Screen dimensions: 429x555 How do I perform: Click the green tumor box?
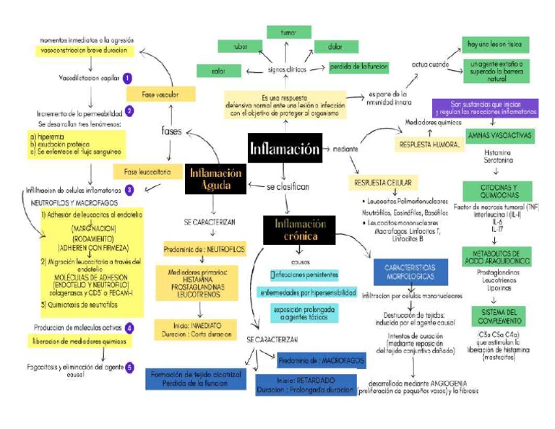288,32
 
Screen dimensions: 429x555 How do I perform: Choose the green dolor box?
336,47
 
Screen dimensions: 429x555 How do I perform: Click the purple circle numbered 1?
127,78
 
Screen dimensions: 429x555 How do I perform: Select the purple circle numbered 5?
129,367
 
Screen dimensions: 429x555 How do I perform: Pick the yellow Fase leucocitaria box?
141,171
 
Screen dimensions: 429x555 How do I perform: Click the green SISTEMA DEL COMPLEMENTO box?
498,316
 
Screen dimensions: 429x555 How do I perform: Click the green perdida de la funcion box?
358,67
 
